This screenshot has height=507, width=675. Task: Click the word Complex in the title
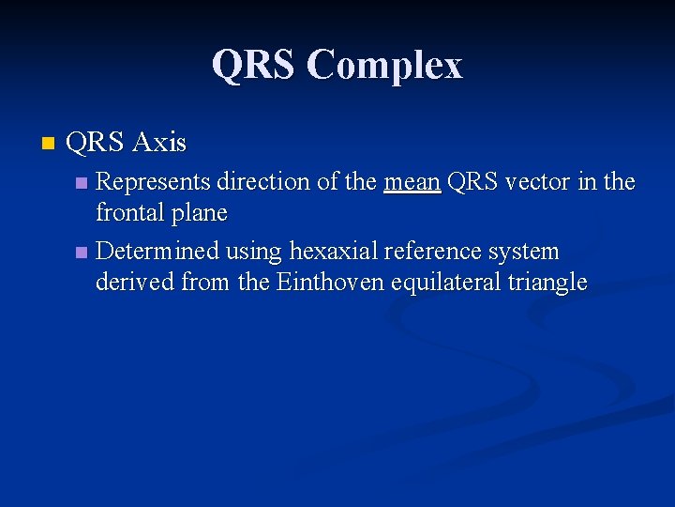384,66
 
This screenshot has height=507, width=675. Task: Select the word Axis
159,143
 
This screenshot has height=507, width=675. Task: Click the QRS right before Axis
96,143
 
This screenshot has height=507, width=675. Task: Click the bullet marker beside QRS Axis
49,144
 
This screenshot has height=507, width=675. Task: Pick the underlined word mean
412,181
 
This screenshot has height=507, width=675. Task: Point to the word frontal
127,213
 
